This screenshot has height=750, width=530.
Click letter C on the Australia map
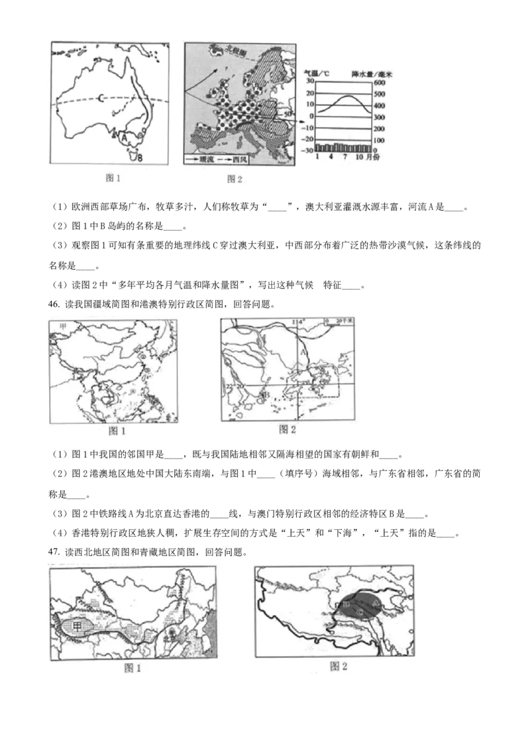click(100, 99)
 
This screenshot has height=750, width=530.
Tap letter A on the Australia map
click(124, 137)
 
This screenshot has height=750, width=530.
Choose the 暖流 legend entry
click(207, 159)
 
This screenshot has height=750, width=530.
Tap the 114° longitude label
click(299, 323)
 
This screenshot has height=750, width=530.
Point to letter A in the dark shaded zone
click(375, 604)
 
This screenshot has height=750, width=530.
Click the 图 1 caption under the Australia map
click(115, 177)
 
